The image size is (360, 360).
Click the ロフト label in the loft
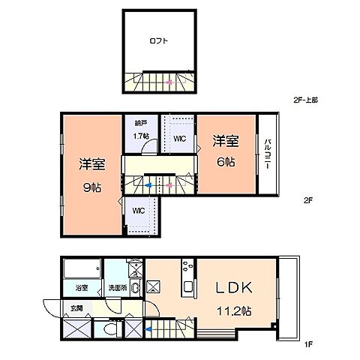point(158,42)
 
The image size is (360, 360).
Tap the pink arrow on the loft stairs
point(169,80)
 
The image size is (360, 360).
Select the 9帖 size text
point(92,187)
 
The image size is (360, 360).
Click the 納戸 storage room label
point(140,123)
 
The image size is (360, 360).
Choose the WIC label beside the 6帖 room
point(180,139)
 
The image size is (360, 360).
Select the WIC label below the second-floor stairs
point(139,211)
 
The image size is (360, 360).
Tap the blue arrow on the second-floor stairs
point(149,184)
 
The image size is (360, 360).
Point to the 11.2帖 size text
point(232,309)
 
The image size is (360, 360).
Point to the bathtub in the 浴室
point(81,268)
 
